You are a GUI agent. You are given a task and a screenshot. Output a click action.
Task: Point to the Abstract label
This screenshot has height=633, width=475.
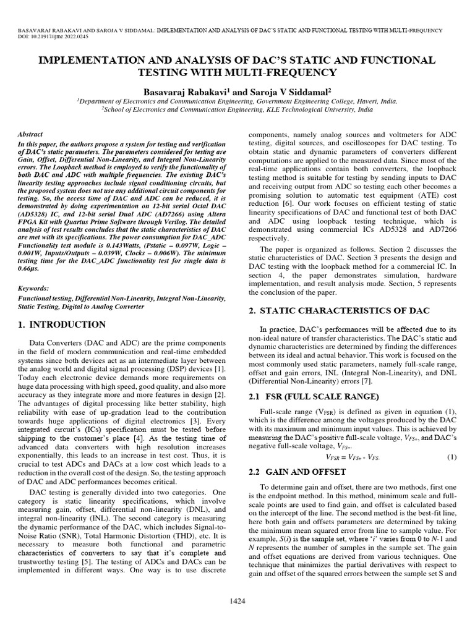click(x=30, y=134)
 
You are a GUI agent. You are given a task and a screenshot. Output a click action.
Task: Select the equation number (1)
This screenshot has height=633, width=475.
click(x=451, y=457)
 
